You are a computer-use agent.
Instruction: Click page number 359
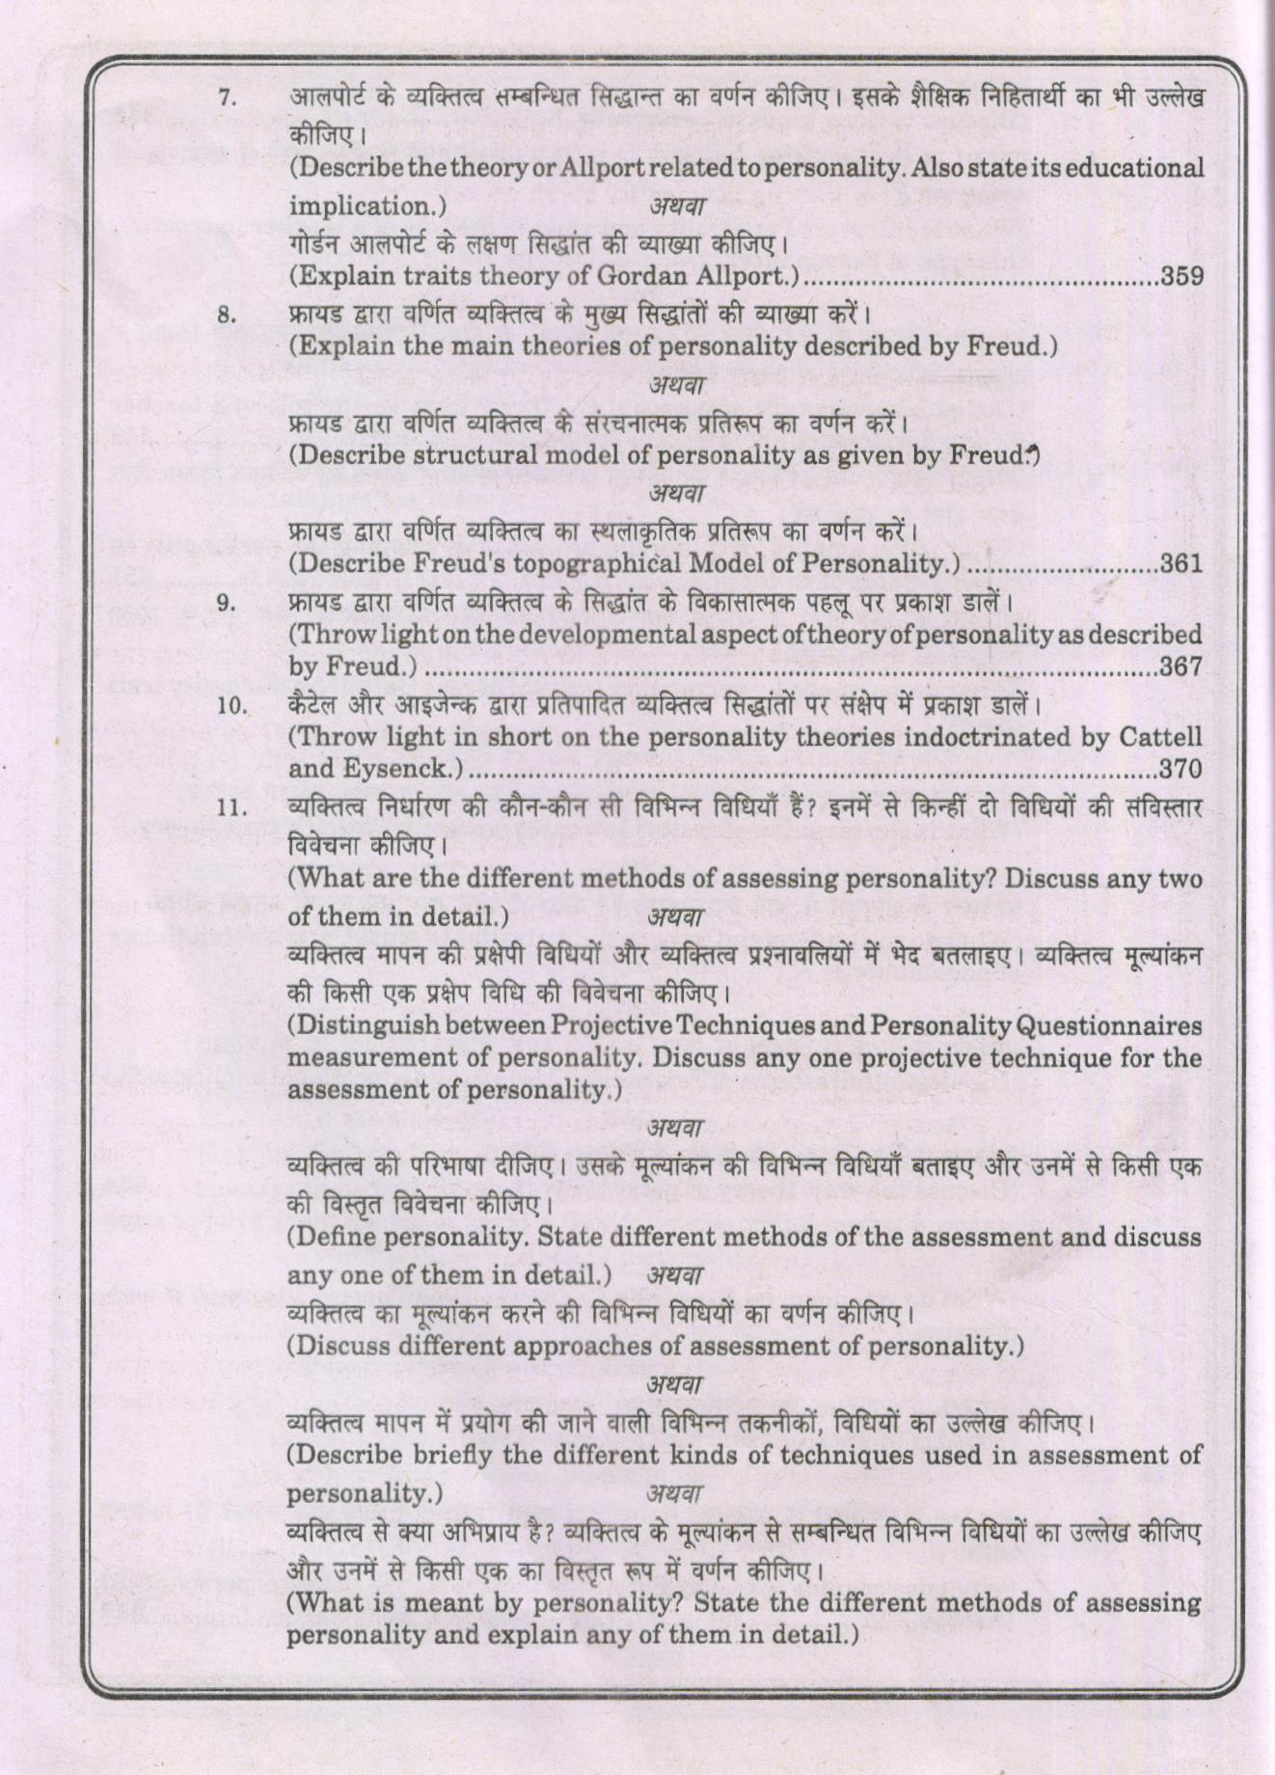coord(1182,277)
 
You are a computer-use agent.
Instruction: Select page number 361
coord(1181,563)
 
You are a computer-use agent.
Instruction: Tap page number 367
coord(1181,667)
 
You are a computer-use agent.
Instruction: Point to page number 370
coord(1181,770)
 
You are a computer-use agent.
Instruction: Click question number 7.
coord(227,98)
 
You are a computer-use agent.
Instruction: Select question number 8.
coord(227,315)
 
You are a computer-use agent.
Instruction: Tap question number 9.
coord(227,605)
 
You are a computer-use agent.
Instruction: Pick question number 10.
coord(231,707)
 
